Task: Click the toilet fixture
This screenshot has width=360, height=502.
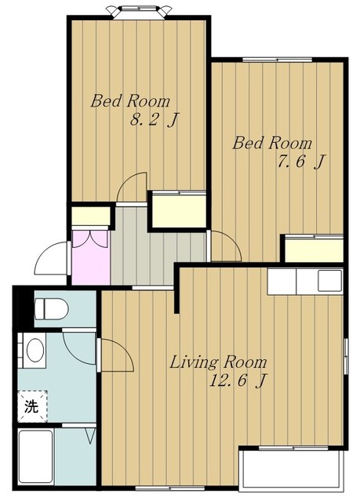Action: point(51,308)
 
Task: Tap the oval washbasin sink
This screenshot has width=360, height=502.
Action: point(35,351)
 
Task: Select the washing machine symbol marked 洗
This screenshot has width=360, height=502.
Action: point(32,406)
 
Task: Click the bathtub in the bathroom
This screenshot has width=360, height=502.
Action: point(36,457)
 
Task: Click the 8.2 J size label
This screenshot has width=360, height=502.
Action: point(153,120)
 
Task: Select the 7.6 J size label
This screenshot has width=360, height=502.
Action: point(300,162)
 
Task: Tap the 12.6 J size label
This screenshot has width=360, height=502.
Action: point(237,381)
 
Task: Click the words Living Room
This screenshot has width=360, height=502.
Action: point(218,362)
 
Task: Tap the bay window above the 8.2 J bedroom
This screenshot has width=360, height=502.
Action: point(139,12)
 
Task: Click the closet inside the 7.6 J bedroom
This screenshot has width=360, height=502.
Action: point(314,249)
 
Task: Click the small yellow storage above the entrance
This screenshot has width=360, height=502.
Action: point(90,216)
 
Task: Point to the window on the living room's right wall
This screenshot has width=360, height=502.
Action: point(346,355)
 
